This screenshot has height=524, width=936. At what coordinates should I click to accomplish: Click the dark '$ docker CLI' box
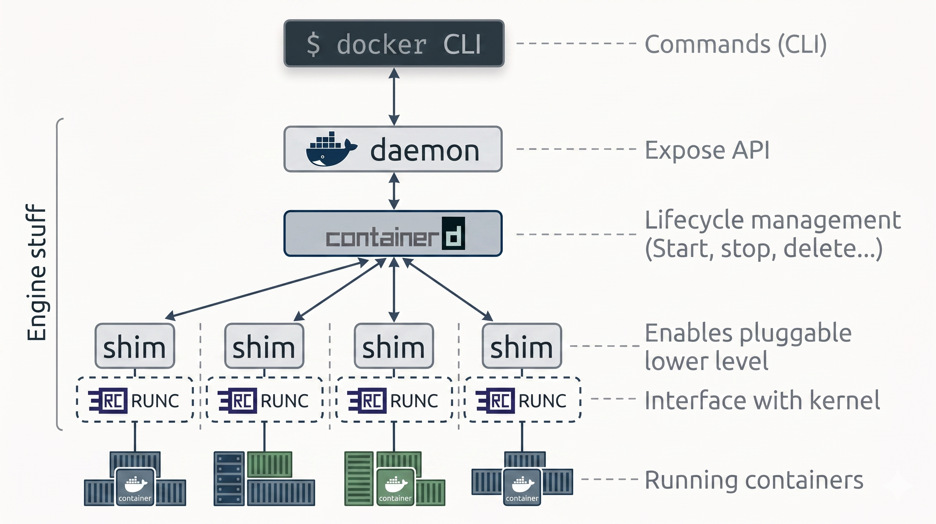394,44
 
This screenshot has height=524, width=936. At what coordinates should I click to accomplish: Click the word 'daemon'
424,150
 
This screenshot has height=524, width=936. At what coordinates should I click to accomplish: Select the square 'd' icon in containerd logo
453,233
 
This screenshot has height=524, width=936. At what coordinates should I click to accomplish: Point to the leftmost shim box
135,346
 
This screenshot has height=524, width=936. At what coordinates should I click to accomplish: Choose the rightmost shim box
522,346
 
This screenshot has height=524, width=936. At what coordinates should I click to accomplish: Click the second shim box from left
264,346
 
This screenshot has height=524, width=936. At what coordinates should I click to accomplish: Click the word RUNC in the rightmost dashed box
542,401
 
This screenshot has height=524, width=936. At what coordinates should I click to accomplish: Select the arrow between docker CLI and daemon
394,97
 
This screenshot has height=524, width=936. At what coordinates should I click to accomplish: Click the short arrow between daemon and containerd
394,191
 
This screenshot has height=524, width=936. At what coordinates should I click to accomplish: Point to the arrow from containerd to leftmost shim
267,289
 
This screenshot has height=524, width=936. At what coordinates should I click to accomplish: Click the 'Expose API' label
707,150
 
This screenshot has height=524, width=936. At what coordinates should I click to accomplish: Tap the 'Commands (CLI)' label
735,44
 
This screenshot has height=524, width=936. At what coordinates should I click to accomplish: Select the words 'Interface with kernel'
762,400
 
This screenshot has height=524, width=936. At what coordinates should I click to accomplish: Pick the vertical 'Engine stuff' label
36,273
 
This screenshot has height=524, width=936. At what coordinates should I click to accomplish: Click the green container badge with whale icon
395,486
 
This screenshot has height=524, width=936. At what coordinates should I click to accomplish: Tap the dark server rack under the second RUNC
229,478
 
